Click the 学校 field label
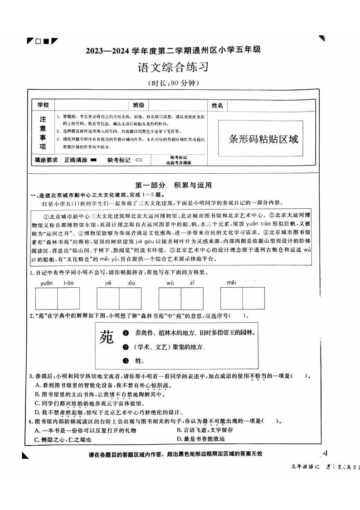coord(42,105)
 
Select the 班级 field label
coord(138,105)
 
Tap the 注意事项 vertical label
coord(43,133)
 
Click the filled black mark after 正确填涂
coord(93,160)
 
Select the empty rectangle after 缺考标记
coord(138,160)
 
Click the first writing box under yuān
coord(46,298)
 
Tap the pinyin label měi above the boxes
coord(232,283)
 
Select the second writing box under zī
coord(192,298)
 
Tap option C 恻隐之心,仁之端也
coord(63,440)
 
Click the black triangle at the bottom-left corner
coord(25,456)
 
